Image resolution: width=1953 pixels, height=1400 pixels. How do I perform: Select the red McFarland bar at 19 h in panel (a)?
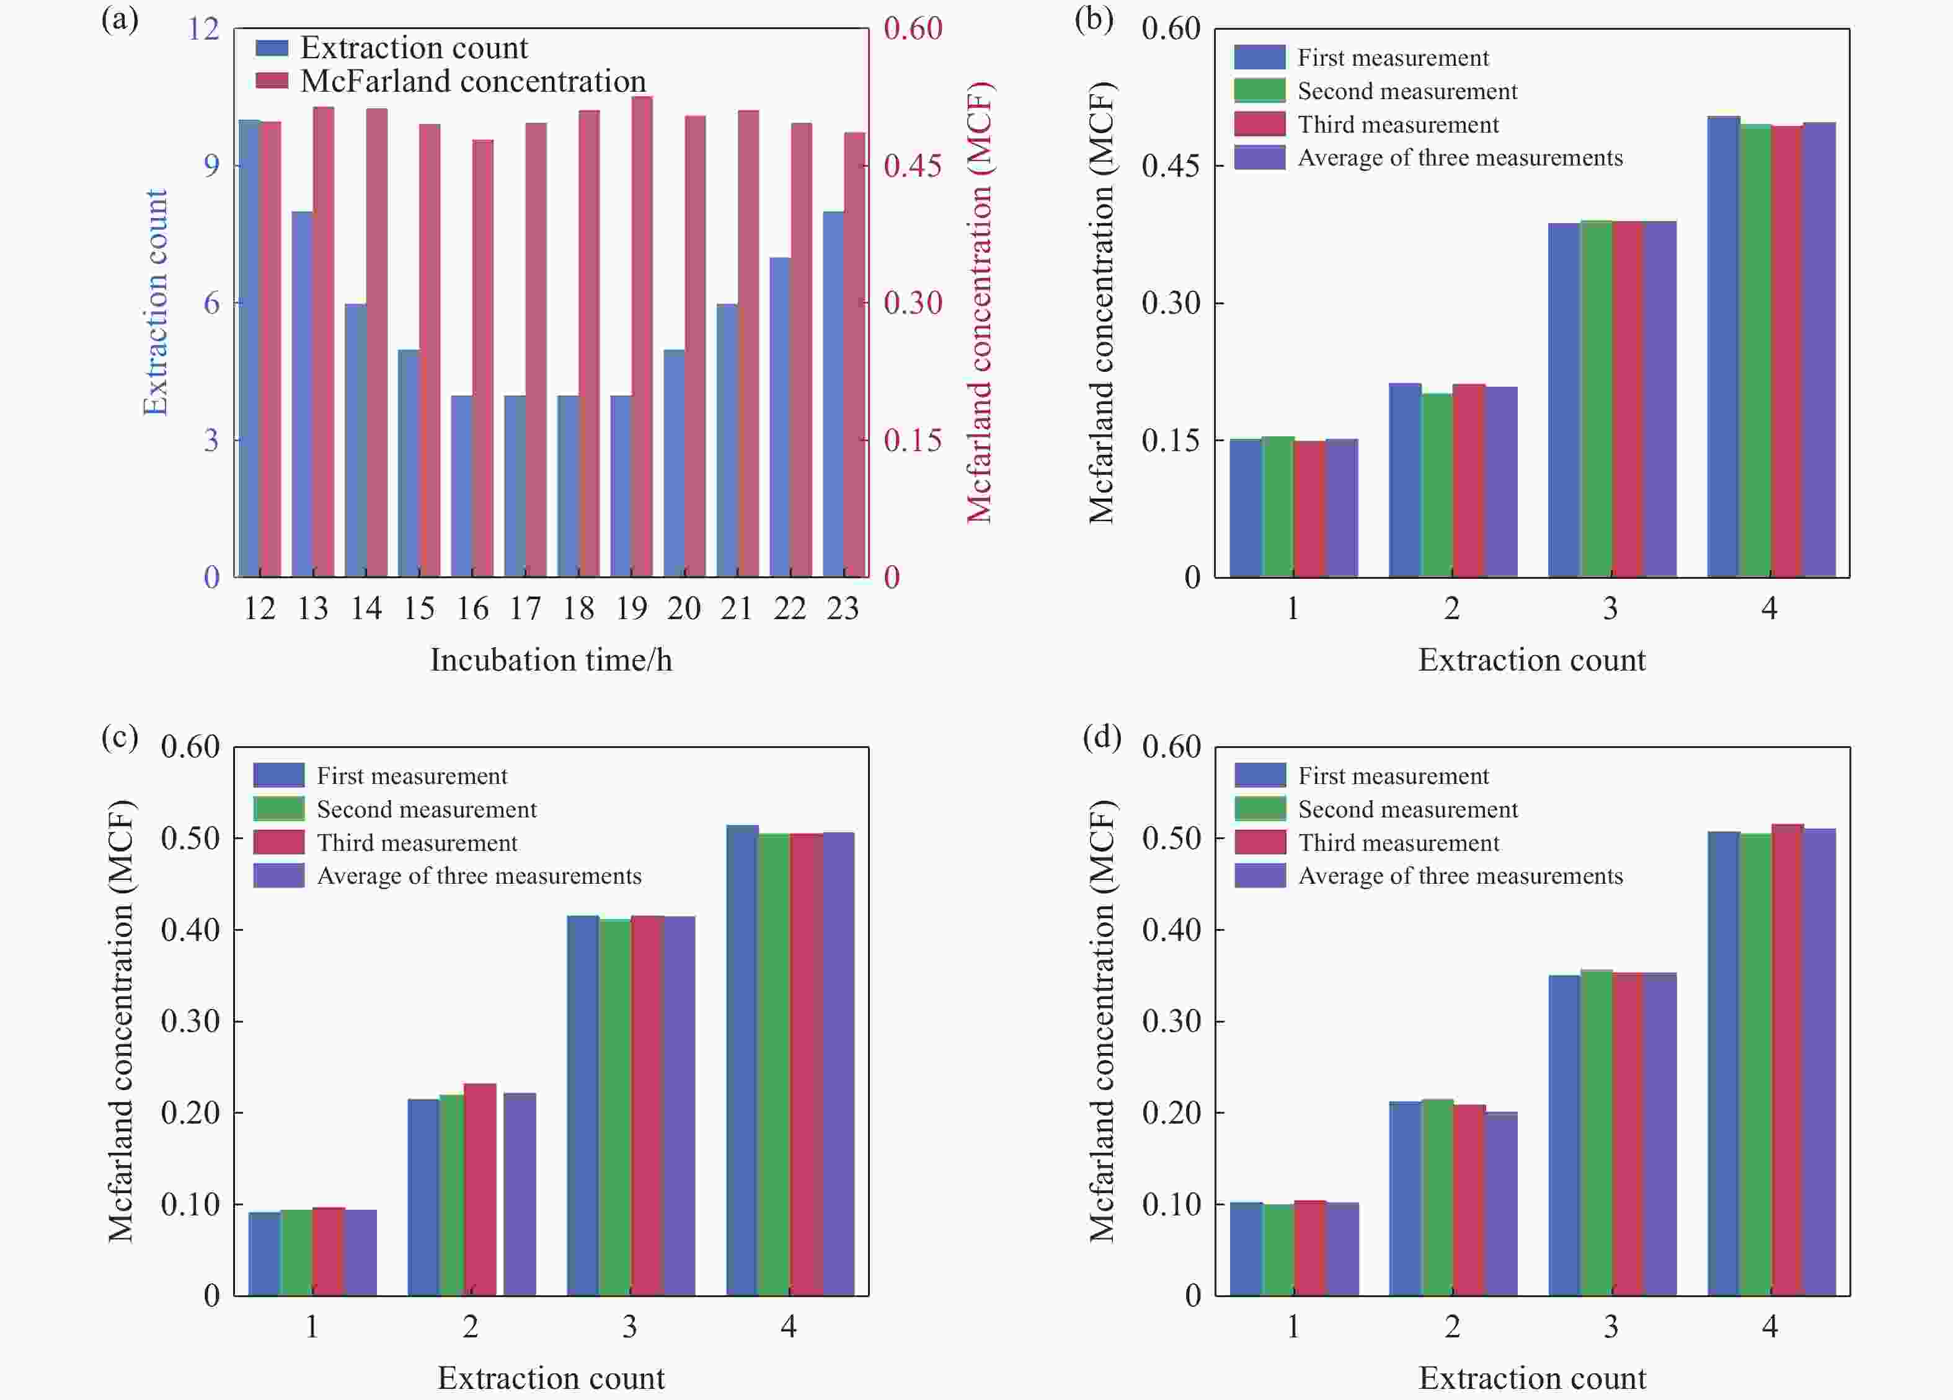(x=642, y=336)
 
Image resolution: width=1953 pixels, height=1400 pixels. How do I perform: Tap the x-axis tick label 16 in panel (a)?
(x=472, y=609)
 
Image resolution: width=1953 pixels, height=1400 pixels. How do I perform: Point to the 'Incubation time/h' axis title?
(x=551, y=661)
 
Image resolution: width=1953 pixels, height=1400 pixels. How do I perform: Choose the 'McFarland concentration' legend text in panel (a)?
(x=472, y=81)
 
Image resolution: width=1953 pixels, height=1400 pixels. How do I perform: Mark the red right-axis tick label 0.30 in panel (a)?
(x=913, y=303)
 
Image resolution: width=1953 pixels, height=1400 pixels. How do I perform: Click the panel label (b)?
(x=1094, y=19)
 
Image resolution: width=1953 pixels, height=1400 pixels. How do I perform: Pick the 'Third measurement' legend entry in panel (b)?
(x=1397, y=125)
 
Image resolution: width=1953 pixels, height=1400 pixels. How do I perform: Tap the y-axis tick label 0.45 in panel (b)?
(x=1171, y=165)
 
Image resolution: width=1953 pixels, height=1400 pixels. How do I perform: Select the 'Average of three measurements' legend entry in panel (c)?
(x=479, y=876)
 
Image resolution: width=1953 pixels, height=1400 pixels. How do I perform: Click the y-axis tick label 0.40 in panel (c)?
(x=190, y=930)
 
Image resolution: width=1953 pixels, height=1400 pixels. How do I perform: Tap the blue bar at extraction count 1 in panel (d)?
(x=1245, y=1248)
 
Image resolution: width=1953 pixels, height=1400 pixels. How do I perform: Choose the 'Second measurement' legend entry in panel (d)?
(x=1407, y=809)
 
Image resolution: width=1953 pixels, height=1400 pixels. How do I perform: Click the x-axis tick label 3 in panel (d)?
(x=1610, y=1327)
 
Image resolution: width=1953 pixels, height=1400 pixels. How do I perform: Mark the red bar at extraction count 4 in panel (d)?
(x=1787, y=1059)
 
